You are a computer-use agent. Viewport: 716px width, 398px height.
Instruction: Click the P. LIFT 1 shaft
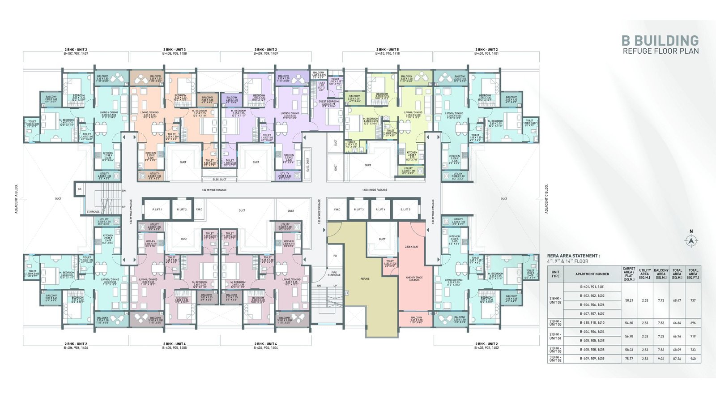(x=157, y=210)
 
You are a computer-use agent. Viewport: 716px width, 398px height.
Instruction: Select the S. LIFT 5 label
(x=405, y=210)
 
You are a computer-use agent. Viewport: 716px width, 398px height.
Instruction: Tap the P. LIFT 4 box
(x=380, y=210)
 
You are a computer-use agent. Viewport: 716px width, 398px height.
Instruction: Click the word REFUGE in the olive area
(x=365, y=279)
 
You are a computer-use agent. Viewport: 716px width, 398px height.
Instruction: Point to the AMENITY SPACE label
(x=414, y=278)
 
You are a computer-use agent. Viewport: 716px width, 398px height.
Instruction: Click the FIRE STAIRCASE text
(x=334, y=274)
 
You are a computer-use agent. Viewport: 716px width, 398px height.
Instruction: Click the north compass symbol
(x=691, y=240)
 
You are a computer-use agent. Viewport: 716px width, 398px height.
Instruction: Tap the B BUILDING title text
(x=660, y=41)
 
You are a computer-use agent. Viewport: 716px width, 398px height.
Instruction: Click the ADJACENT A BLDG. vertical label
(x=17, y=199)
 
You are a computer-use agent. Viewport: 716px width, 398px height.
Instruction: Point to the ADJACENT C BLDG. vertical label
(x=546, y=199)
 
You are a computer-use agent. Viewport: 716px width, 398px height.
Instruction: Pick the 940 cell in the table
(x=693, y=359)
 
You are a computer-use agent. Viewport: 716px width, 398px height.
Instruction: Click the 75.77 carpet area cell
(x=629, y=359)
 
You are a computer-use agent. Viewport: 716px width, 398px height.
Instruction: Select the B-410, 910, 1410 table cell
(x=592, y=323)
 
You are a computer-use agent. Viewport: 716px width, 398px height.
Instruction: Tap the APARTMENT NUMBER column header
(x=592, y=274)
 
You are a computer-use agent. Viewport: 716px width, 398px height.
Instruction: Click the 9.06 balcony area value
(x=661, y=359)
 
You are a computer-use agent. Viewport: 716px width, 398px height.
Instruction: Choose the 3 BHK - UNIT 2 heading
(x=266, y=50)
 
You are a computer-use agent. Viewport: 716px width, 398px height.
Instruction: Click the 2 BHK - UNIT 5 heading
(x=388, y=50)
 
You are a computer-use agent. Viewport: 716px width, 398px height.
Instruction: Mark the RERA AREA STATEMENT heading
(x=573, y=256)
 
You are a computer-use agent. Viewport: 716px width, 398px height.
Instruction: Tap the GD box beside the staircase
(x=79, y=189)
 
